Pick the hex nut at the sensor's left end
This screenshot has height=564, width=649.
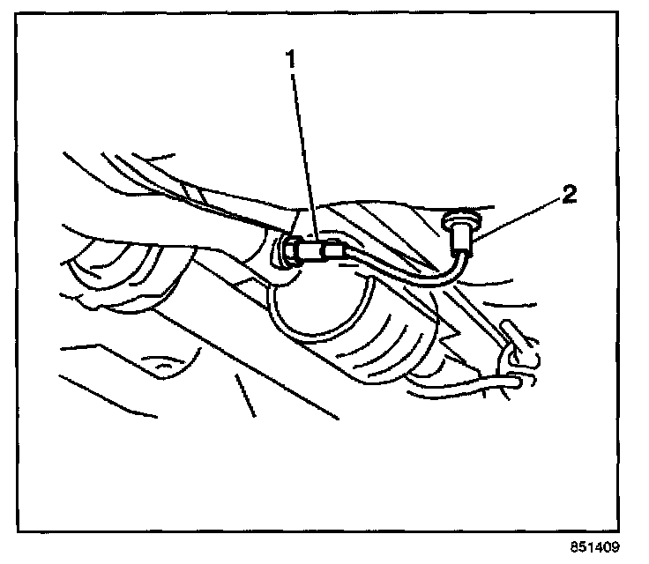288,255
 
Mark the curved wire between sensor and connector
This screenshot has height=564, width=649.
406,269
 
